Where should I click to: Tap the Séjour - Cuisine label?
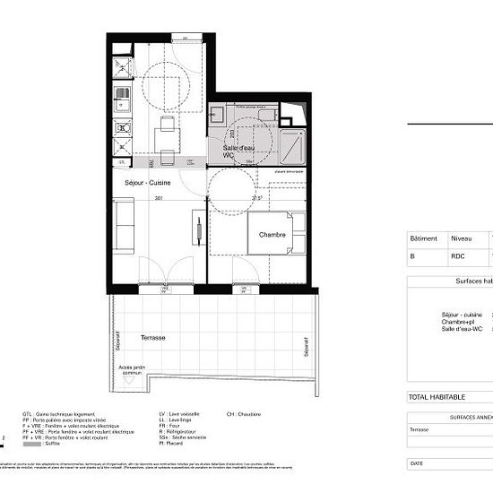tap(147, 182)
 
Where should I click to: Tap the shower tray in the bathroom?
tap(293, 143)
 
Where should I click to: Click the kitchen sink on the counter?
tap(122, 104)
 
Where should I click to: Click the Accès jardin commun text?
tap(133, 371)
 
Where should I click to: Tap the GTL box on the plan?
tap(121, 162)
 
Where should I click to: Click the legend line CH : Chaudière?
tap(243, 415)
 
